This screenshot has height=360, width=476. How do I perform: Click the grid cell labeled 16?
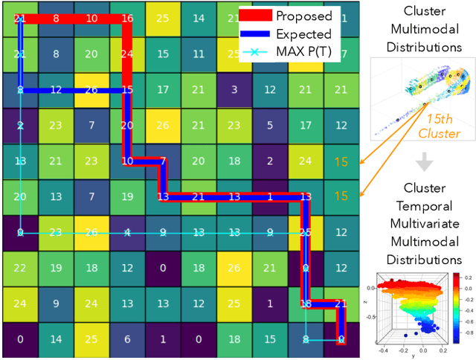click(127, 19)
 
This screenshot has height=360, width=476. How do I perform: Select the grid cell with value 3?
click(234, 90)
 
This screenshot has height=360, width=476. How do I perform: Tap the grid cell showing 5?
click(269, 126)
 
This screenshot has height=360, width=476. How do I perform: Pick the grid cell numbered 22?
click(20, 268)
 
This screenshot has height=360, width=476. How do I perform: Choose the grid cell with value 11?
click(199, 54)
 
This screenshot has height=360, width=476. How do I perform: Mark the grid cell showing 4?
click(127, 232)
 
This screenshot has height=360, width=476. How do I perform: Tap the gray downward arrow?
click(424, 161)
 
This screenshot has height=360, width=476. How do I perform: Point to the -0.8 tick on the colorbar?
click(466, 334)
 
